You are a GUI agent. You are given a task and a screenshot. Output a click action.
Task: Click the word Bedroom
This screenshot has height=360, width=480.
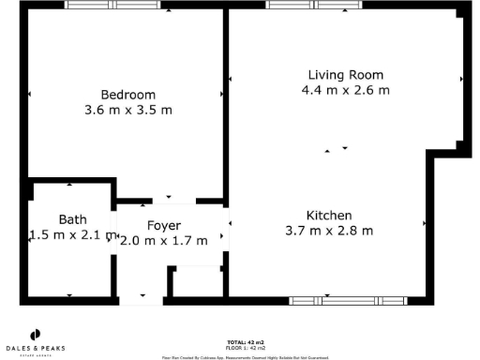pyautogui.click(x=128, y=95)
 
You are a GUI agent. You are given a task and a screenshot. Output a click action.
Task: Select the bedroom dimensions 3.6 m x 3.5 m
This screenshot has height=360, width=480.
pyautogui.click(x=128, y=110)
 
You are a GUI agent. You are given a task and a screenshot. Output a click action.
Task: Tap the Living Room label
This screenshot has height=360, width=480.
pyautogui.click(x=346, y=75)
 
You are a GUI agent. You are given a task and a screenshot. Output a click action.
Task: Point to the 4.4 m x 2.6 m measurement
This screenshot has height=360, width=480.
pyautogui.click(x=346, y=90)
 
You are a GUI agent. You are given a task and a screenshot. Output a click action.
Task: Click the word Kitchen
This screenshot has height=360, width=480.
pyautogui.click(x=328, y=215)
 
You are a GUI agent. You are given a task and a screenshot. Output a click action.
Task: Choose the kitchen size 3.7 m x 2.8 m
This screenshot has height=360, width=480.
pyautogui.click(x=328, y=230)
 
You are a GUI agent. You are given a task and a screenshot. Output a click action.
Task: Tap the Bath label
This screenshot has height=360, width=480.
pyautogui.click(x=72, y=219)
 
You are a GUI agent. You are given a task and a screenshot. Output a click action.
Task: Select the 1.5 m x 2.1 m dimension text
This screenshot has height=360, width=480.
pyautogui.click(x=72, y=235)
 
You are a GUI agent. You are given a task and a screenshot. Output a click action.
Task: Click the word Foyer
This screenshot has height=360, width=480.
pyautogui.click(x=163, y=225)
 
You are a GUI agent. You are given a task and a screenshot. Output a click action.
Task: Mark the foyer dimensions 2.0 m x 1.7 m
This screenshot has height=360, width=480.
pyautogui.click(x=163, y=240)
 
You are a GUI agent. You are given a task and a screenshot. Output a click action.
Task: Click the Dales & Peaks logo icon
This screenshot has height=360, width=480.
pyautogui.click(x=37, y=334)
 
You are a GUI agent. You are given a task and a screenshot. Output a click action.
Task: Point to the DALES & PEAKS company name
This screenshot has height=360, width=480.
pyautogui.click(x=37, y=348)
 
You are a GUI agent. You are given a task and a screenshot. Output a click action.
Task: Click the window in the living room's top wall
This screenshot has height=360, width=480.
pyautogui.click(x=301, y=5)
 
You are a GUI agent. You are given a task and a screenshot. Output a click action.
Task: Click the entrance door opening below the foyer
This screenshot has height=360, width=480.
pyautogui.click(x=143, y=299)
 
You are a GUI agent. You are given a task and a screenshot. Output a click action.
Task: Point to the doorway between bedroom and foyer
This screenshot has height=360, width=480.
pyautogui.click(x=169, y=202)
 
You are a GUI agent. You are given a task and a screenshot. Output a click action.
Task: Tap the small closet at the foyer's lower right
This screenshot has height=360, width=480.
pyautogui.click(x=198, y=281)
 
